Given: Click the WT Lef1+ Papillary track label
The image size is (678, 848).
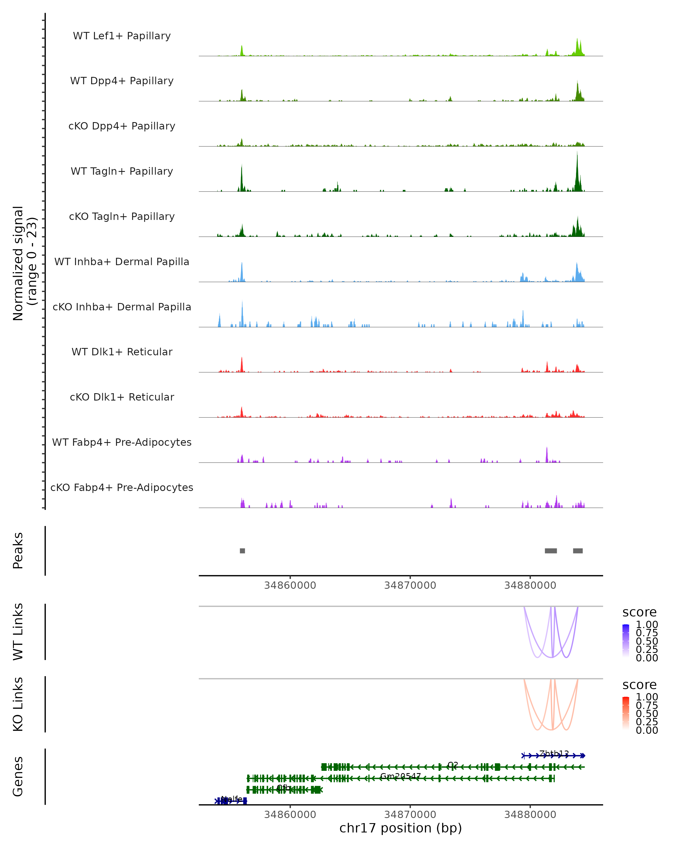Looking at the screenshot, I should coord(122,36).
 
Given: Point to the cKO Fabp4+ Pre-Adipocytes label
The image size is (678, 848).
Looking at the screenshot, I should coord(122,487).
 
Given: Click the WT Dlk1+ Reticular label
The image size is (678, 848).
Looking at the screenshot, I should coord(122,352).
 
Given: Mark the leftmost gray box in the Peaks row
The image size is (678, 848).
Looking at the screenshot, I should coord(242,551).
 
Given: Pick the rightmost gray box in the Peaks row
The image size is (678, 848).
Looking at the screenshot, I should coord(578,551).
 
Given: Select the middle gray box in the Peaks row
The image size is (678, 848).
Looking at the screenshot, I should coord(551,551).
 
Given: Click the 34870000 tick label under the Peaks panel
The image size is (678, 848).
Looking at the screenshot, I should coord(410,585).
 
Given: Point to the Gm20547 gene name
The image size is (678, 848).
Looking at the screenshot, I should coord(400,776).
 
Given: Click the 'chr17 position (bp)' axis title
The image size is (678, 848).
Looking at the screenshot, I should coord(401,828).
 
